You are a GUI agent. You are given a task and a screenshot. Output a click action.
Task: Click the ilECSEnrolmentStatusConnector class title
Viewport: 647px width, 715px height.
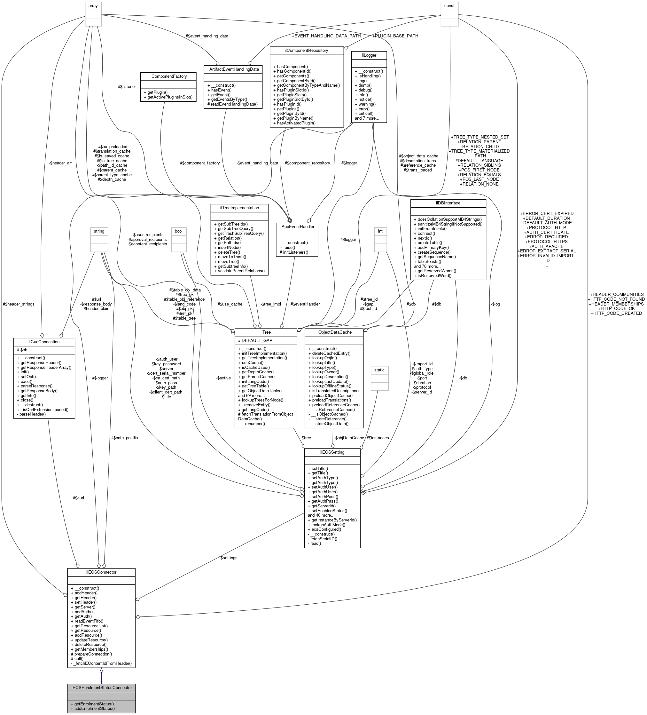click(x=101, y=687)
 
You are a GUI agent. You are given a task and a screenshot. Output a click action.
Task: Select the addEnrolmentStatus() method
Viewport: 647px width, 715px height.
click(x=92, y=708)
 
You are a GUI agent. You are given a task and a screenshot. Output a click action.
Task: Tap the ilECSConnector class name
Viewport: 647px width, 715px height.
click(x=101, y=572)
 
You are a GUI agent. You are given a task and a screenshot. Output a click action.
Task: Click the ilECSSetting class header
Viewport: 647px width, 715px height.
click(x=332, y=452)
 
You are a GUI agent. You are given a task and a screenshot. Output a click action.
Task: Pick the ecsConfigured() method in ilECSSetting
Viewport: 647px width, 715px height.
click(x=324, y=529)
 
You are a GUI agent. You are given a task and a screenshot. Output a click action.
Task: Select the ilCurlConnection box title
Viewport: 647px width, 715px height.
click(x=44, y=342)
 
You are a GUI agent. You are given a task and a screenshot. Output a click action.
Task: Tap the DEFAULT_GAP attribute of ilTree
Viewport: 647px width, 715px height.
click(x=255, y=340)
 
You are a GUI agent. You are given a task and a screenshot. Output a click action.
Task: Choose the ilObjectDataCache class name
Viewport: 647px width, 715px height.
click(x=334, y=332)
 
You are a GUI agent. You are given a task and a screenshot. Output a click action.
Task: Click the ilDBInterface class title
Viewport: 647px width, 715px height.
click(x=448, y=203)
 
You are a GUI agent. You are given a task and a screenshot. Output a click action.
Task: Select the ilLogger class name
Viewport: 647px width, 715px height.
click(x=369, y=55)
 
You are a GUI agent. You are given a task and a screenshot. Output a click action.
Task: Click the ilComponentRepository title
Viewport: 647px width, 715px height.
click(x=306, y=50)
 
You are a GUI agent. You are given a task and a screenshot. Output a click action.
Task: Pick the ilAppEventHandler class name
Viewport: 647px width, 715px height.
click(x=297, y=226)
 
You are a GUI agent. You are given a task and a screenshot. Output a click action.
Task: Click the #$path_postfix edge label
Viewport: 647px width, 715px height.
click(x=124, y=438)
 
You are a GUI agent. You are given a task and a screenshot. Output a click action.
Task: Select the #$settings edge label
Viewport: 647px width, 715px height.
click(x=228, y=558)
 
